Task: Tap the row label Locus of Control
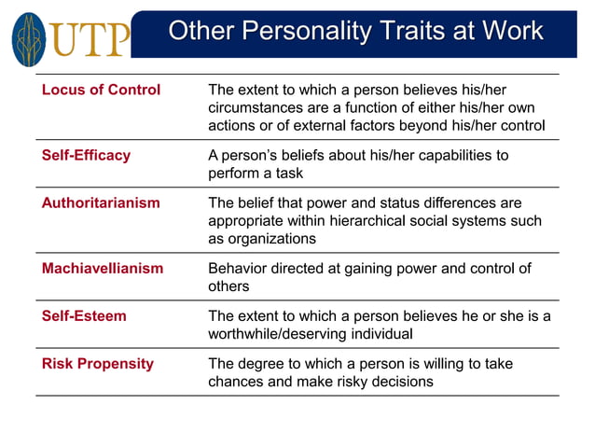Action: pyautogui.click(x=101, y=91)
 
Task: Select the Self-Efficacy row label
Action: pyautogui.click(x=86, y=156)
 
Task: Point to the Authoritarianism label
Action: pyautogui.click(x=101, y=203)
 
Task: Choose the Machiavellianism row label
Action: pyautogui.click(x=103, y=269)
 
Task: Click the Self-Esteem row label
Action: pyautogui.click(x=84, y=316)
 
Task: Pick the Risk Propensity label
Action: pyautogui.click(x=97, y=364)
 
